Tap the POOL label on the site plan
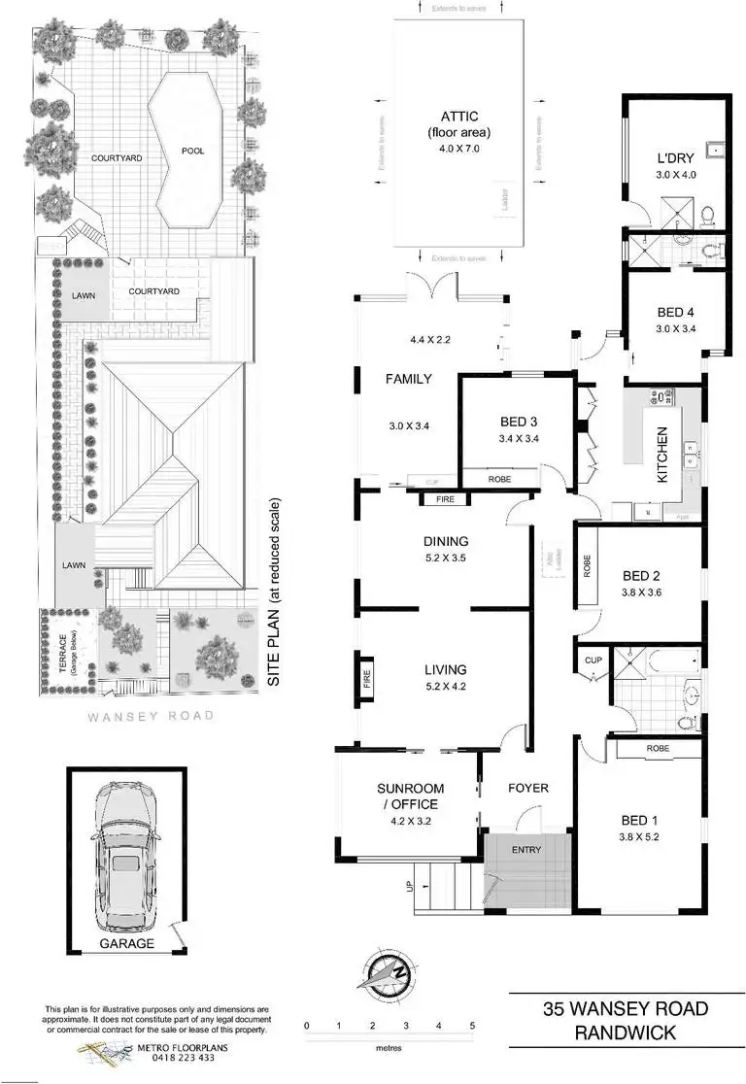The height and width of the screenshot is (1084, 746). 192,151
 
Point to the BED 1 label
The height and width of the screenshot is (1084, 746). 637,818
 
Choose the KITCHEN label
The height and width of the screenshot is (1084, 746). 662,456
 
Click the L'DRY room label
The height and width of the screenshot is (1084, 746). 673,158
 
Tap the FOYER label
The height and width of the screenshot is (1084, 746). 528,788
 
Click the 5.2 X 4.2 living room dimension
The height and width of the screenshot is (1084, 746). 446,687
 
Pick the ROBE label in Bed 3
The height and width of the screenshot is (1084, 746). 498,479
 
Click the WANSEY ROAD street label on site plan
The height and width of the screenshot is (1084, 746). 150,717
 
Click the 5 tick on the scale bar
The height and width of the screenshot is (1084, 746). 472,1026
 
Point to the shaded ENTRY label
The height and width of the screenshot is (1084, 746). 526,850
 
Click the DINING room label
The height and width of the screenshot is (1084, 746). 446,542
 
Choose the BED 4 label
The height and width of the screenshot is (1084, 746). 674,313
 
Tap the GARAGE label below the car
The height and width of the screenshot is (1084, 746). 125,943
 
